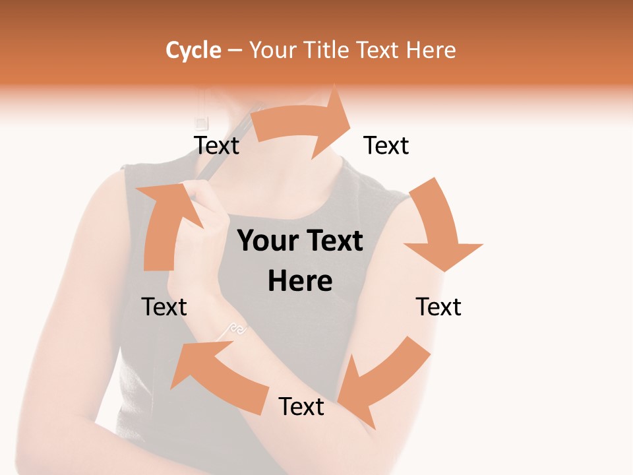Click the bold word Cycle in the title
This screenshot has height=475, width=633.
(x=193, y=50)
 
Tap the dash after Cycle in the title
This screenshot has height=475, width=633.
(x=234, y=51)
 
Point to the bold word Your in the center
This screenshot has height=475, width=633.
(x=267, y=241)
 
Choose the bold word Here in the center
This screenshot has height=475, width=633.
(x=300, y=282)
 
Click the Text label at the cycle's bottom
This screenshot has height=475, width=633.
(x=301, y=406)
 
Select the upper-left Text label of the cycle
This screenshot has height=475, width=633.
(x=216, y=146)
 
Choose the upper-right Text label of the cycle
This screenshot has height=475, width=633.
(x=386, y=146)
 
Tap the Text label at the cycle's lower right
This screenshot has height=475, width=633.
(x=438, y=307)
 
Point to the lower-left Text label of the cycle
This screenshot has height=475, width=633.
(x=164, y=307)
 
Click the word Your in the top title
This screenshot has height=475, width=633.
(x=272, y=50)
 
